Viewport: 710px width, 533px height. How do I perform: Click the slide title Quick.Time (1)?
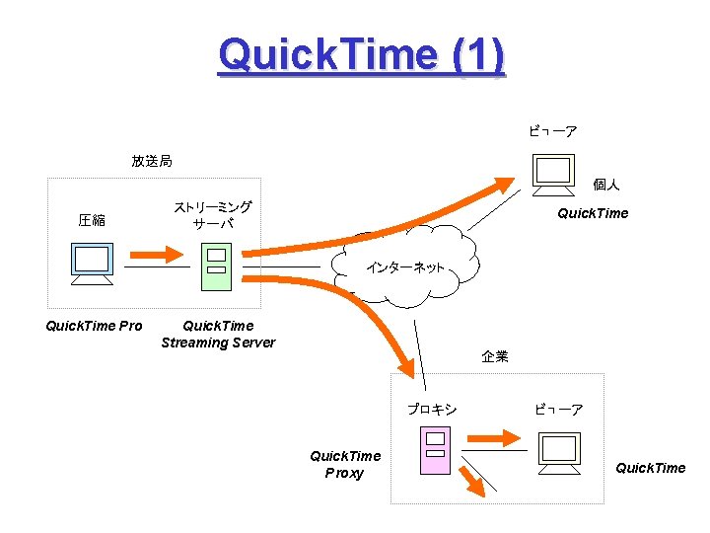362,55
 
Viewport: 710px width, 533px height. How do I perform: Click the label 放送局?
152,160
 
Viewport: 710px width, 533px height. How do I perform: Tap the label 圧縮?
92,220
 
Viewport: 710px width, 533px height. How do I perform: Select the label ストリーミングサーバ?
213,215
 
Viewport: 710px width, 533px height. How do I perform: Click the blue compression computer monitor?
92,262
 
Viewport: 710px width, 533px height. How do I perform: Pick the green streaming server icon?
216,265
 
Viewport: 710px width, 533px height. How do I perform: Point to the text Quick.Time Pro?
94,326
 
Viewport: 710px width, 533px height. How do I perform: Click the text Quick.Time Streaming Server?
218,335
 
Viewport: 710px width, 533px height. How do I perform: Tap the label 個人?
605,185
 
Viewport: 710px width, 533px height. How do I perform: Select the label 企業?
495,356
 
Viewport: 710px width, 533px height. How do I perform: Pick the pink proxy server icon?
435,449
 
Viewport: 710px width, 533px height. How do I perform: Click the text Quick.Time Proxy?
344,464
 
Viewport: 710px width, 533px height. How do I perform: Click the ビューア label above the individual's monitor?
553,131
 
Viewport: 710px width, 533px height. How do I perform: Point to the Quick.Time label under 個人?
593,213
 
